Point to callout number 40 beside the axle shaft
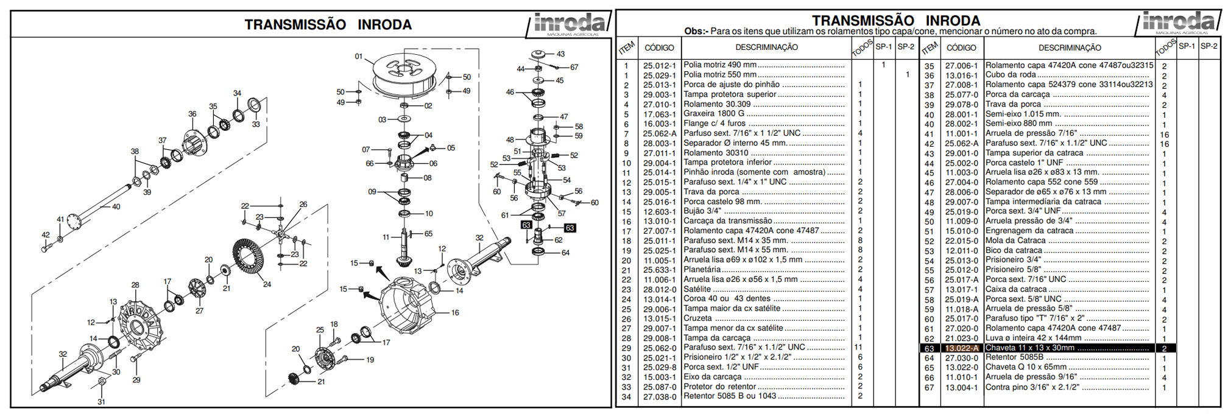click(116, 207)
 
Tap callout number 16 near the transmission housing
click(455, 313)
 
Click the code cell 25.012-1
click(659, 65)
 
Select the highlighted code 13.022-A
click(961, 348)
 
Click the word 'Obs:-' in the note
click(696, 32)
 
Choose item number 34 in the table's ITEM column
click(626, 397)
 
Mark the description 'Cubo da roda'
click(1011, 75)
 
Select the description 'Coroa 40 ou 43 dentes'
click(727, 299)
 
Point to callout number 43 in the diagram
click(560, 54)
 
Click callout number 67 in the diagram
click(574, 68)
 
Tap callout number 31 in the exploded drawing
click(101, 402)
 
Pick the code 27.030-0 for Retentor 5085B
click(961, 358)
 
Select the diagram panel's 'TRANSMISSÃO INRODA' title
click(328, 25)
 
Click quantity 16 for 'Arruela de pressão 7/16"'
click(1164, 134)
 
